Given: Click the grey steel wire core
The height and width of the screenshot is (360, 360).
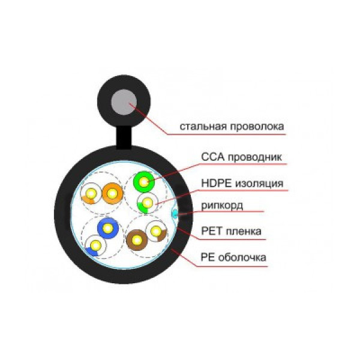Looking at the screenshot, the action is [124, 102].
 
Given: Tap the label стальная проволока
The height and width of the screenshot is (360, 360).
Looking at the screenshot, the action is [232, 127].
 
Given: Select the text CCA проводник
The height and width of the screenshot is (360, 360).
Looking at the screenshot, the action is [241, 157].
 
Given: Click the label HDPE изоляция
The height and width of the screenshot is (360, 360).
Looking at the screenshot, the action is [242, 184].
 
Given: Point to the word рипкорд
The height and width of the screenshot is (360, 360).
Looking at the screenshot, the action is [222, 205].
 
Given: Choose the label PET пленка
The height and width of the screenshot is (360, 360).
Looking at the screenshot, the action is [231, 231].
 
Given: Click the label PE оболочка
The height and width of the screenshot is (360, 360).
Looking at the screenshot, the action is [233, 257].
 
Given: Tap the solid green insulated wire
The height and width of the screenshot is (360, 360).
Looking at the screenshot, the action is [144, 182].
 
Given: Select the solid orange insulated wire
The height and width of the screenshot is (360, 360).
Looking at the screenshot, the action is [113, 193].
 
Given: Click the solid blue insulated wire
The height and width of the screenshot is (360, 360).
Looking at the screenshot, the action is [108, 228].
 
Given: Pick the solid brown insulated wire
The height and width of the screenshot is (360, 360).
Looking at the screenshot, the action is [137, 240].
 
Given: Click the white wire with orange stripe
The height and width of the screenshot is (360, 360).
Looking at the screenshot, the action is [91, 194].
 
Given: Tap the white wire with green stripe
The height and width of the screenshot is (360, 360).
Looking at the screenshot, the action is [148, 203].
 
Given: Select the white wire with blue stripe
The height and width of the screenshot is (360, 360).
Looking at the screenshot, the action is [95, 245].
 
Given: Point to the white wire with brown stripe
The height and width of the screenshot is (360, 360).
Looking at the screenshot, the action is [157, 231].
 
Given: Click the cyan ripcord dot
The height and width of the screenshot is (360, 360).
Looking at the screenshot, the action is [175, 214].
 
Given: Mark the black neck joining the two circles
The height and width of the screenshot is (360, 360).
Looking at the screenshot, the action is [124, 137].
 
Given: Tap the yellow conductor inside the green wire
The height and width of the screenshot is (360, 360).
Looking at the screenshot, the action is [144, 182].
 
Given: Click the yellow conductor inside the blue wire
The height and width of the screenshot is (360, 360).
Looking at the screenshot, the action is [108, 228].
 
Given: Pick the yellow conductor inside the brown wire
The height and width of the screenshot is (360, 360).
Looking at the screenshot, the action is [137, 240].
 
